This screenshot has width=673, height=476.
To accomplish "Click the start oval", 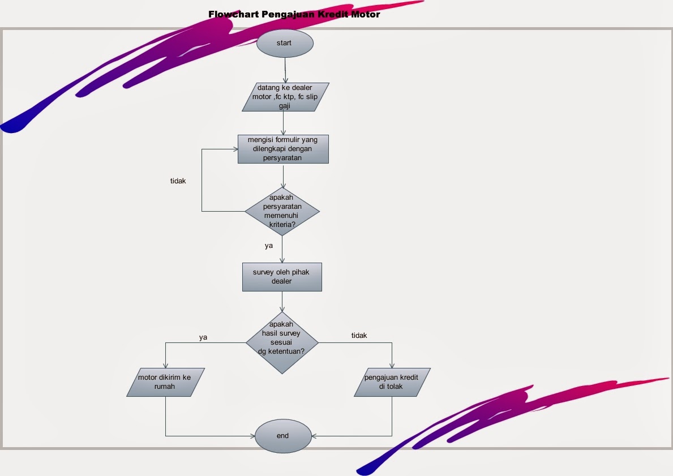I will point(284,44).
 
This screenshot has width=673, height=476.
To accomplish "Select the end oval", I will point(283,436).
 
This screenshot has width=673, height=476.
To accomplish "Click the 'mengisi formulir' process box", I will point(283,149).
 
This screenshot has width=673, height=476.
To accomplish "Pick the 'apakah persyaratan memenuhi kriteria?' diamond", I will point(282,212).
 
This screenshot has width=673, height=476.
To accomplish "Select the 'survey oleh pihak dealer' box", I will point(282,277).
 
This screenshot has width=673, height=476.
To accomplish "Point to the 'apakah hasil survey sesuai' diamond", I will point(282,342).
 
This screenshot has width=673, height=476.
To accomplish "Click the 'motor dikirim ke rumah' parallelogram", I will point(165,382).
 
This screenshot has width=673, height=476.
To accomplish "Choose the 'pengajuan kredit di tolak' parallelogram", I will point(392,382).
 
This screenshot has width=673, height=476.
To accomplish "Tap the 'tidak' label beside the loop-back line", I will point(178,181).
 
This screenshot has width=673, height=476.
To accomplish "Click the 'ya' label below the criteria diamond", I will point(269,246).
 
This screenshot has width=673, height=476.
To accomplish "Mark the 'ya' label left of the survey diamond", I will point(203,337).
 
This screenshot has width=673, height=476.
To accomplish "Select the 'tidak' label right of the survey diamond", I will point(359,336).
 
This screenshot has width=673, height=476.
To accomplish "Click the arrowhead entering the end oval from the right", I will point(314,436).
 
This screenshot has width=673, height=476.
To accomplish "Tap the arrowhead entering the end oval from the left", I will point(252,436).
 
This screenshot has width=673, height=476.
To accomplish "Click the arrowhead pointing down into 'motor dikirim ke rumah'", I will point(165,366).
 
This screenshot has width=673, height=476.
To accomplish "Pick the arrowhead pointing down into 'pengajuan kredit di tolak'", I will point(392,366).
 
